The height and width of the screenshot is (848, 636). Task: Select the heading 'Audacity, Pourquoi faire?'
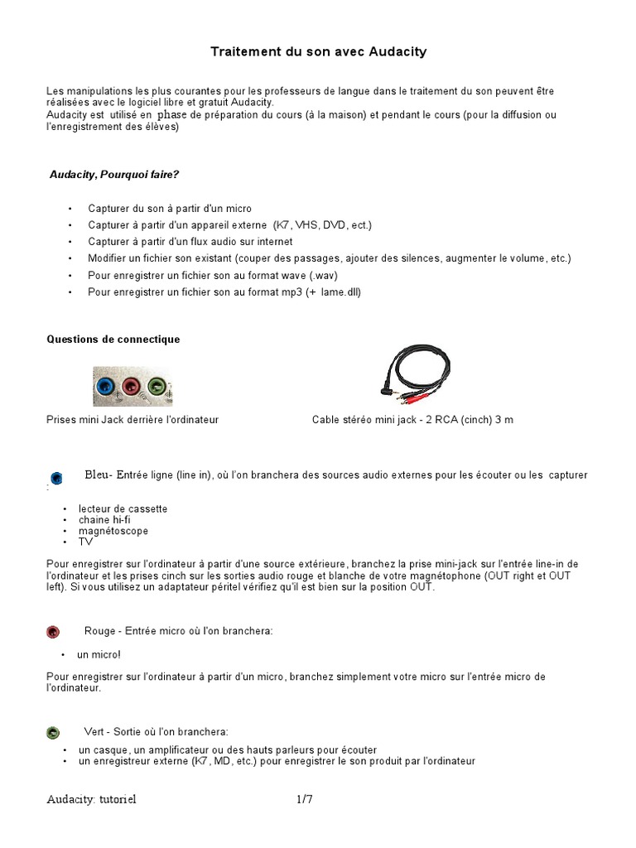pyautogui.click(x=114, y=174)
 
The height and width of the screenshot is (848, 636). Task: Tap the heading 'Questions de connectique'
pyautogui.click(x=113, y=340)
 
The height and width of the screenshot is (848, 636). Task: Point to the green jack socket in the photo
pyautogui.click(x=156, y=385)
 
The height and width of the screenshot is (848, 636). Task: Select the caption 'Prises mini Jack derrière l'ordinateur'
pyautogui.click(x=132, y=420)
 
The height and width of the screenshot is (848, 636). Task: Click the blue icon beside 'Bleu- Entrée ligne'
pyautogui.click(x=56, y=477)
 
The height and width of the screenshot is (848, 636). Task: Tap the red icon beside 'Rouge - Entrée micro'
pyautogui.click(x=53, y=632)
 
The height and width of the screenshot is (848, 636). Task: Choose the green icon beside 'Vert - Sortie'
pyautogui.click(x=53, y=732)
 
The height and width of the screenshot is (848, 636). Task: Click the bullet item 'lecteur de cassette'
pyautogui.click(x=123, y=508)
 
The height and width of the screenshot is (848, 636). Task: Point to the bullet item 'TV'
pyautogui.click(x=85, y=542)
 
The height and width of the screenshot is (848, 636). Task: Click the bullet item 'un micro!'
pyautogui.click(x=99, y=654)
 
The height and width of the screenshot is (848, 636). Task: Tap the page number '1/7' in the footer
pyautogui.click(x=305, y=799)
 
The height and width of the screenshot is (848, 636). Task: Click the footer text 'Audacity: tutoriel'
pyautogui.click(x=91, y=799)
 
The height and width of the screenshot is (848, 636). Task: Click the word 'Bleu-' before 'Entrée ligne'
pyautogui.click(x=99, y=475)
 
